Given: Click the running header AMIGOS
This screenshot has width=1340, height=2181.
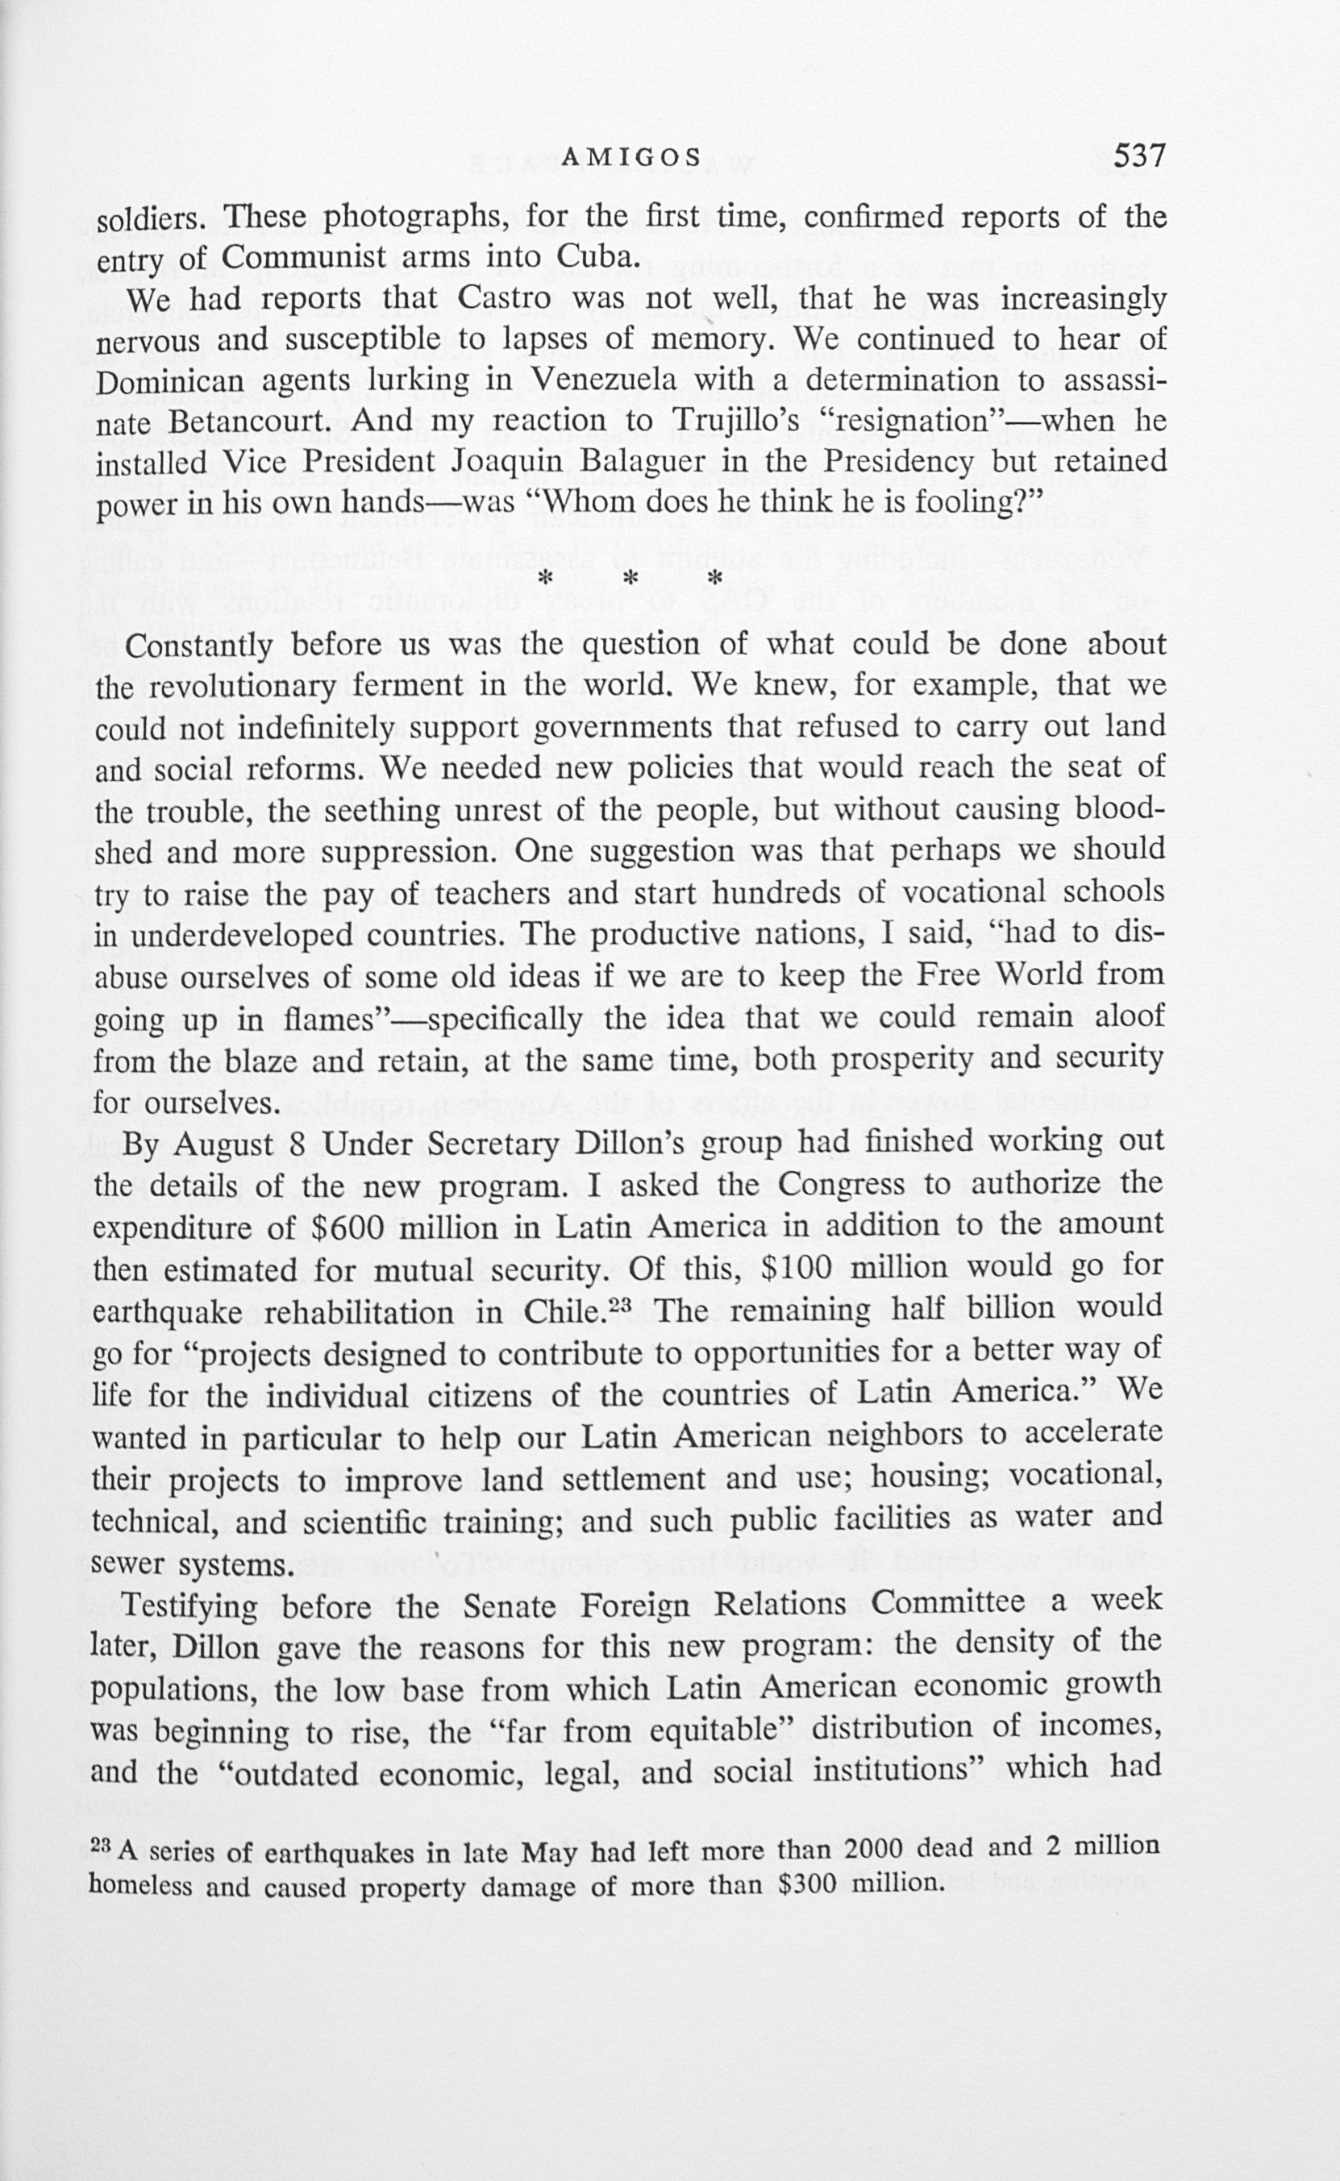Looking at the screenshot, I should [x=631, y=159].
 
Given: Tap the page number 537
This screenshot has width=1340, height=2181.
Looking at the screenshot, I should [x=1138, y=156].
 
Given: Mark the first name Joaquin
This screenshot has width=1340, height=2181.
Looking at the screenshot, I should [x=501, y=463].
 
